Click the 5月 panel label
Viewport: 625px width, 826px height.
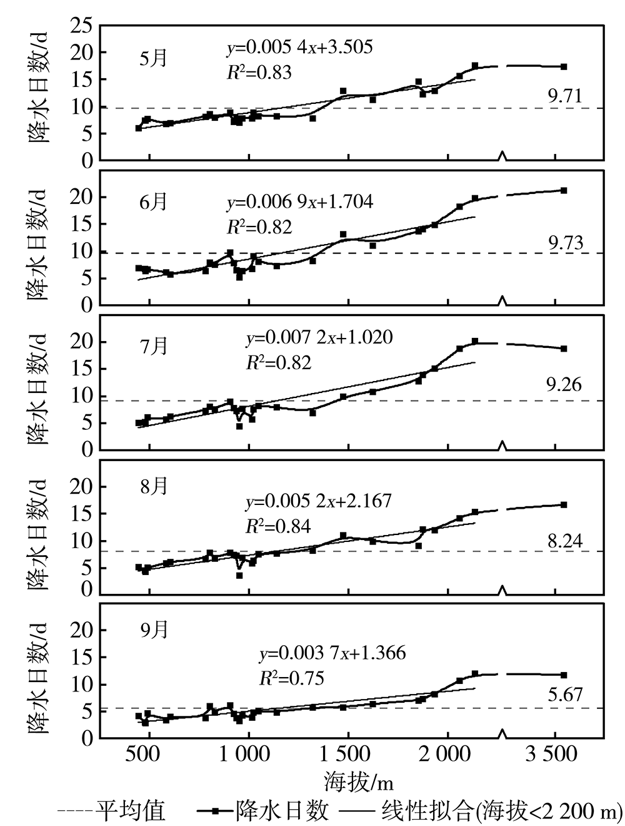click(x=153, y=58)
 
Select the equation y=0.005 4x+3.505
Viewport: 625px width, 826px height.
click(x=299, y=47)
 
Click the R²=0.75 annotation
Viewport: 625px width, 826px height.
click(x=291, y=678)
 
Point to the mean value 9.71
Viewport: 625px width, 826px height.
click(x=564, y=96)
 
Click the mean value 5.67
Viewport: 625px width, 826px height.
click(x=564, y=694)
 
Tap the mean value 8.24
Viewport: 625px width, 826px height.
click(x=564, y=541)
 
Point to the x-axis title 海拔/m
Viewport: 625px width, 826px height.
click(x=358, y=782)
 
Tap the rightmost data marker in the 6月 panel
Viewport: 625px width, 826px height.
click(x=563, y=190)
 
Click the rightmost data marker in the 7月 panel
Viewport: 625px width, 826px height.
click(x=563, y=349)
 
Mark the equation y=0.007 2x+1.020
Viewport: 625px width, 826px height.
click(x=319, y=338)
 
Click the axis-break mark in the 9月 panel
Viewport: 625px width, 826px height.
click(x=502, y=733)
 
